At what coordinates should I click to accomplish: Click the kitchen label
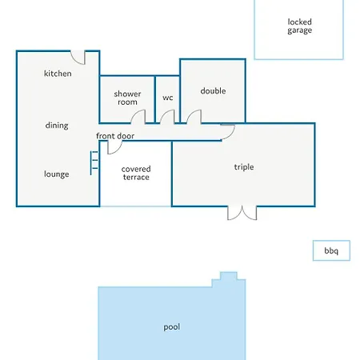(58, 74)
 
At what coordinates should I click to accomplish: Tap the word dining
(57, 126)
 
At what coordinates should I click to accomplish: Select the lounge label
(57, 174)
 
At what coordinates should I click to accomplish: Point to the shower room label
(127, 98)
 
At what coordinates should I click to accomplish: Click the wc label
(168, 98)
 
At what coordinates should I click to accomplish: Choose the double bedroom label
(213, 91)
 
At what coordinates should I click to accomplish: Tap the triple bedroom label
(244, 167)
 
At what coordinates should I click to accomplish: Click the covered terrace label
(136, 173)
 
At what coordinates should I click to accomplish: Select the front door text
(115, 136)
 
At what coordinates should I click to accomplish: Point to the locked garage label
(300, 26)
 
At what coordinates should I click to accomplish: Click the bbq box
(331, 250)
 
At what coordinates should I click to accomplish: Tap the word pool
(172, 327)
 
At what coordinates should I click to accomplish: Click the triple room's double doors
(242, 214)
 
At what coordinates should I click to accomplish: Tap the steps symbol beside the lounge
(94, 162)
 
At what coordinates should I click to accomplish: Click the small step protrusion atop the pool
(229, 276)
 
